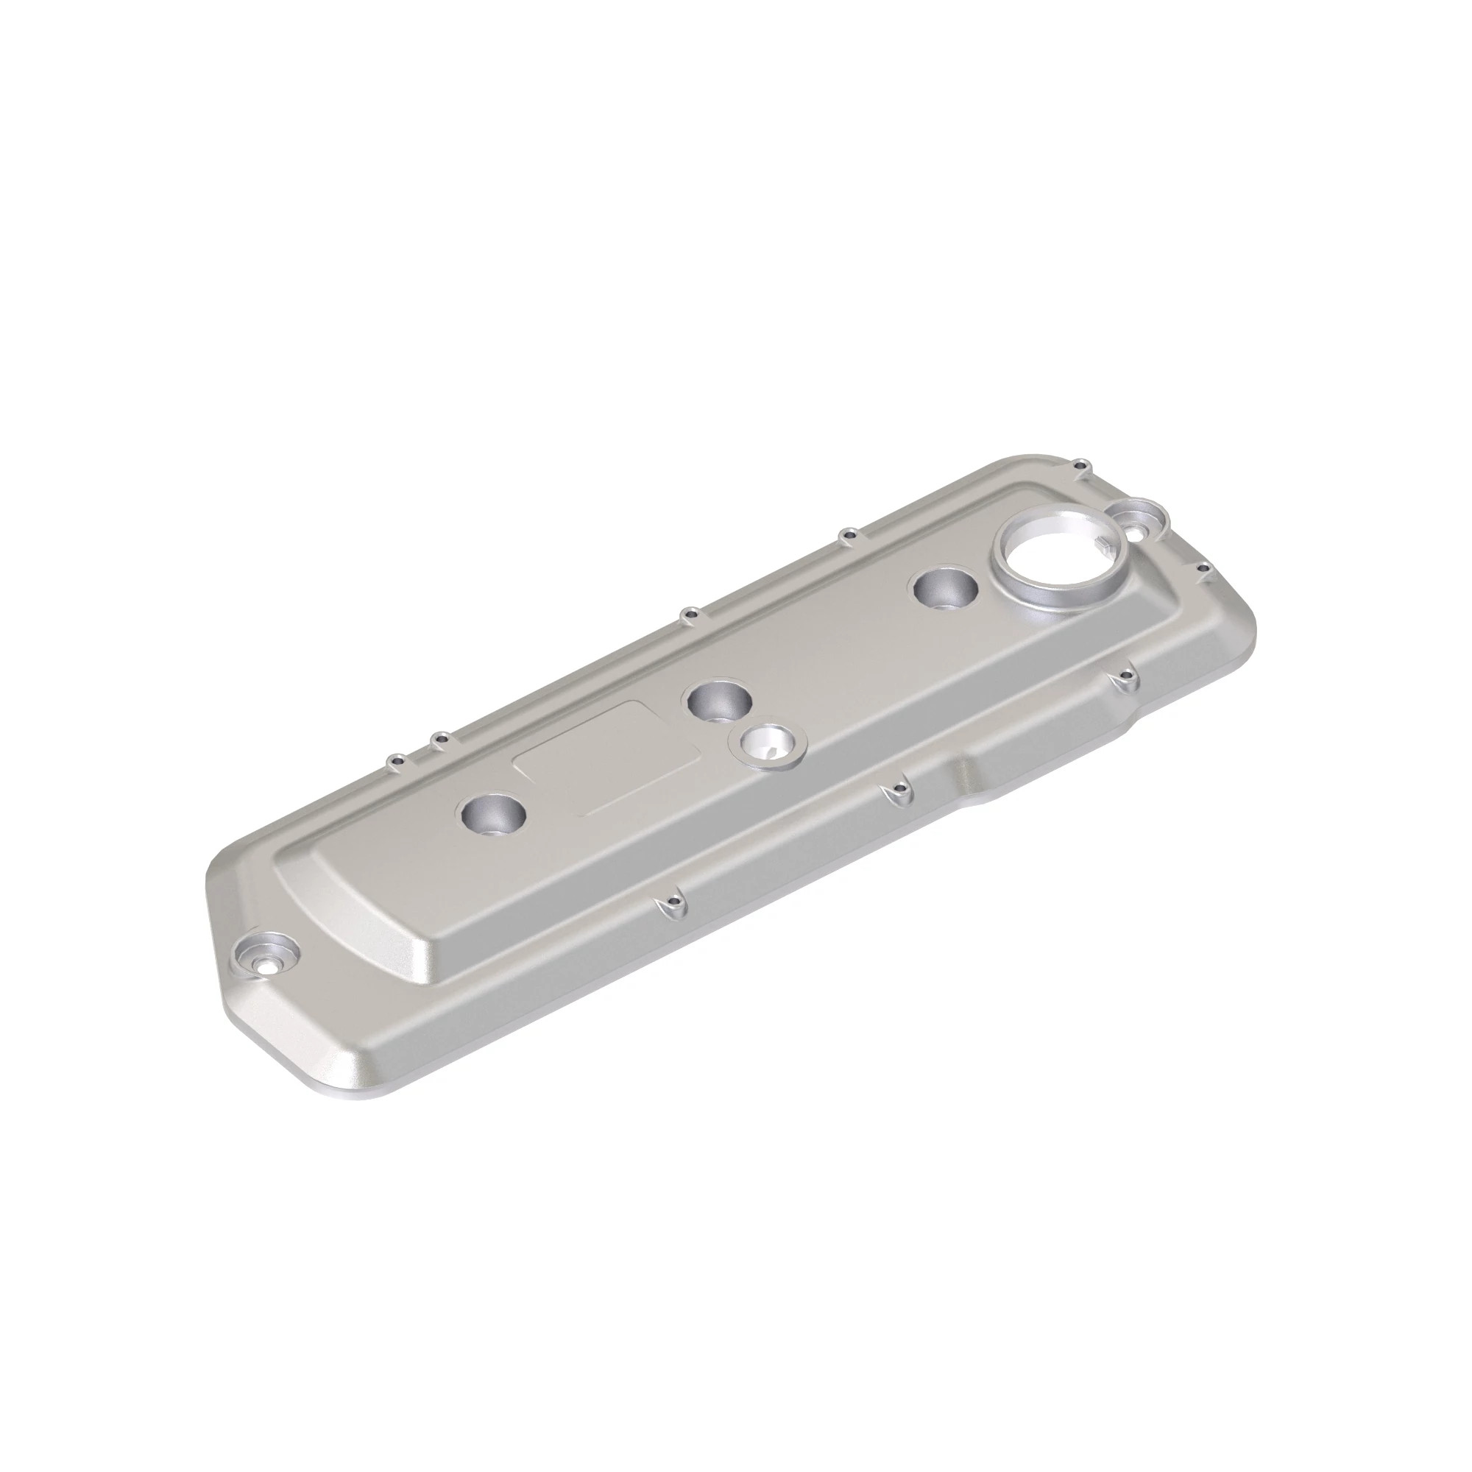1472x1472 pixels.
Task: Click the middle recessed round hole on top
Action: [718, 698]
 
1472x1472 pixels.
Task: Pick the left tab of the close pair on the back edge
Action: [396, 760]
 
